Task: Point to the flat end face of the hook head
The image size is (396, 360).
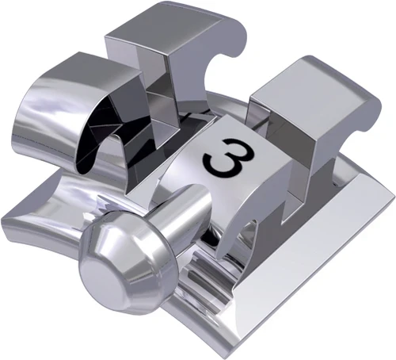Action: tap(111, 274)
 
